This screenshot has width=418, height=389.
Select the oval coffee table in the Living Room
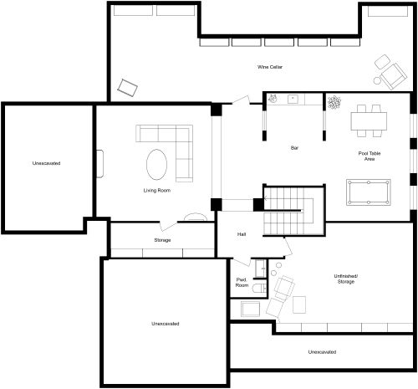tap(156, 163)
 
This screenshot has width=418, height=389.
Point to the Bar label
tap(294, 148)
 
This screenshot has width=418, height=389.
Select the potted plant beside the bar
tap(335, 103)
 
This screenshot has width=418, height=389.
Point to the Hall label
tap(242, 234)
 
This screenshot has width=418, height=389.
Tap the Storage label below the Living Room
tap(162, 240)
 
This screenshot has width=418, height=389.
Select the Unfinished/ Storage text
tap(344, 279)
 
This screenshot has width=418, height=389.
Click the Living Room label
tap(156, 191)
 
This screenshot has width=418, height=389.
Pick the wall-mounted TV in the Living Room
tap(99, 164)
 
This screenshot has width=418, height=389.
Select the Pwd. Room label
tap(242, 283)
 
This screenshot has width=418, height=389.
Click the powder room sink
tap(250, 308)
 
